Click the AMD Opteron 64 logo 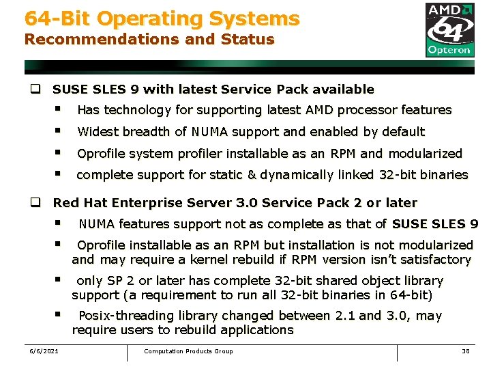449,29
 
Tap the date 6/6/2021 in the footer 44,351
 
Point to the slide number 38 466,351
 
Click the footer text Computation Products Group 188,351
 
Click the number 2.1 345,316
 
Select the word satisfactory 438,260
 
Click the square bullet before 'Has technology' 59,109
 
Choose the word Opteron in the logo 449,49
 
